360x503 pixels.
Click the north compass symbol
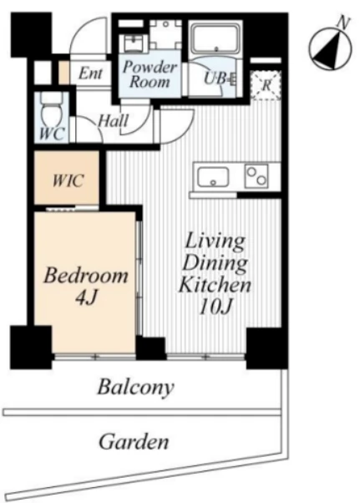coord(331,48)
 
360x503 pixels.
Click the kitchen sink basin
coord(213,177)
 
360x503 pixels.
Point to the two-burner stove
coord(256,176)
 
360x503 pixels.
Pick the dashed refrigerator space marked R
coord(266,85)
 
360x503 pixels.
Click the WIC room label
coord(68,180)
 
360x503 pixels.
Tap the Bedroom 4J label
coord(86,287)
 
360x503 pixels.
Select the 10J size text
coord(215,307)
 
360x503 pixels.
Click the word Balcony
coord(135,387)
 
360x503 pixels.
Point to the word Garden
coord(134,442)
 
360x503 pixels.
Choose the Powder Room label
coord(150,74)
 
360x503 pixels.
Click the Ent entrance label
coord(91,74)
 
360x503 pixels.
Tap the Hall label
coord(114,121)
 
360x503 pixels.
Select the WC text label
coord(52,134)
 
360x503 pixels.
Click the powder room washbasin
coord(134,43)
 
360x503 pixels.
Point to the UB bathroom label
coord(221,79)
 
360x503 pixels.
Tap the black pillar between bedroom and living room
coord(150,348)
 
